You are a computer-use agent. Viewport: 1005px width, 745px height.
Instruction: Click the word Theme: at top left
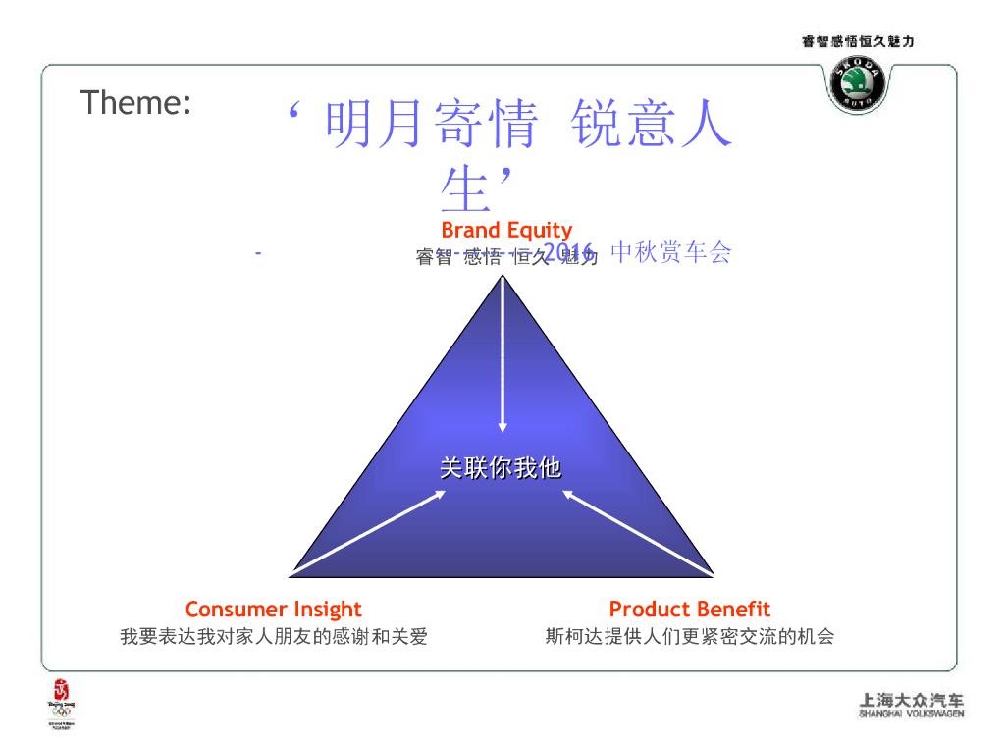point(135,102)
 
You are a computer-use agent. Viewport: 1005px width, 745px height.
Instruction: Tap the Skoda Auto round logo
point(858,84)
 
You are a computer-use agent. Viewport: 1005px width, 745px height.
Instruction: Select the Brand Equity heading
point(505,230)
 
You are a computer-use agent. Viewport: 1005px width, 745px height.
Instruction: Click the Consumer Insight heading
point(273,610)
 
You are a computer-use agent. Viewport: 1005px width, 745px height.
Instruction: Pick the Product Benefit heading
point(689,610)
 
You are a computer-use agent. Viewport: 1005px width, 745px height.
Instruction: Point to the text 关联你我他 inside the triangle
point(501,468)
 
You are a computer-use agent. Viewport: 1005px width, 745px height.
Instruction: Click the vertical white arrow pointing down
point(502,353)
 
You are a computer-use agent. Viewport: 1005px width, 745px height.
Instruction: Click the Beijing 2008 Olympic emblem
point(61,701)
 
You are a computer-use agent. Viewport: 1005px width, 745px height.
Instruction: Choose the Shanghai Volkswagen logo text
point(911,705)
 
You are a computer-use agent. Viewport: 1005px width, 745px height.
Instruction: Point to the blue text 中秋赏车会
point(671,252)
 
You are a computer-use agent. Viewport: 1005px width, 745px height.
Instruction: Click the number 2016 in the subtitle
point(565,252)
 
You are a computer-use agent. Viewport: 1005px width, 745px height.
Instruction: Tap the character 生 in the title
point(465,188)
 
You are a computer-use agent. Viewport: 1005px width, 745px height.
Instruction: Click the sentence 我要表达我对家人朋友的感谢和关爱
point(274,637)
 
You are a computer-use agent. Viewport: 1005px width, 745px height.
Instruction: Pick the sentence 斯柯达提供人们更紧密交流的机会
point(689,637)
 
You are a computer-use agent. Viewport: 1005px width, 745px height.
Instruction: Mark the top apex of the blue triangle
point(502,277)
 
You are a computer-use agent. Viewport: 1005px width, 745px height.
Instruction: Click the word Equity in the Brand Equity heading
point(539,230)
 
